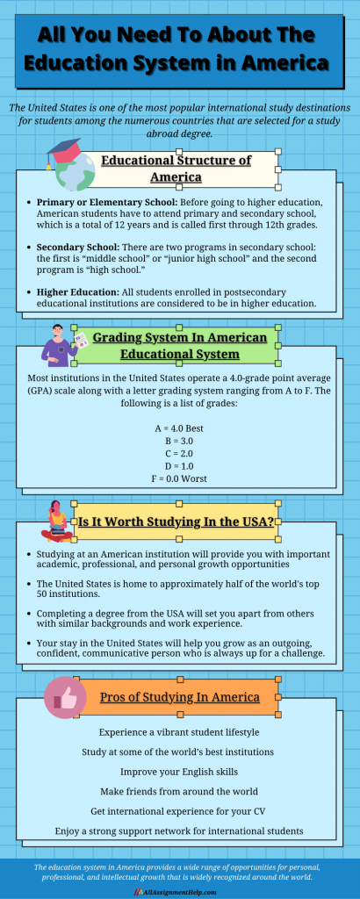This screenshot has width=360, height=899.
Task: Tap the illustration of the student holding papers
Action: pyautogui.click(x=61, y=344)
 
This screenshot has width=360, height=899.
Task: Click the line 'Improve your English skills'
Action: pyautogui.click(x=179, y=773)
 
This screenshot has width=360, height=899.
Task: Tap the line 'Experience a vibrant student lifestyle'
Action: pyautogui.click(x=179, y=730)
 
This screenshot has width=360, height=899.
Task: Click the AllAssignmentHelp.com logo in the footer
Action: pyautogui.click(x=180, y=890)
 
